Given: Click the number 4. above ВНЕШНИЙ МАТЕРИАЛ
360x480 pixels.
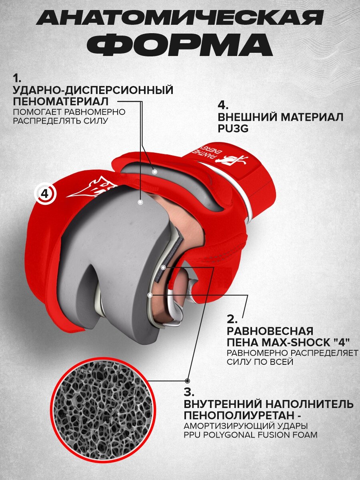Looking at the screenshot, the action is pyautogui.click(x=223, y=105).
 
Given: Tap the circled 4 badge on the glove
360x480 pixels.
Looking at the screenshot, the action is pyautogui.click(x=45, y=194).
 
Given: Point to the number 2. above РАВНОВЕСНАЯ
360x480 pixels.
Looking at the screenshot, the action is pyautogui.click(x=232, y=319).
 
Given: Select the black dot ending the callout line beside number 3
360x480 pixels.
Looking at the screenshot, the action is pyautogui.click(x=187, y=380).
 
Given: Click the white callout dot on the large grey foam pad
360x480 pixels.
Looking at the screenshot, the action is pyautogui.click(x=140, y=202).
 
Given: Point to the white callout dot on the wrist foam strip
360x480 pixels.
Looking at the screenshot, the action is pyautogui.click(x=154, y=171).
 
